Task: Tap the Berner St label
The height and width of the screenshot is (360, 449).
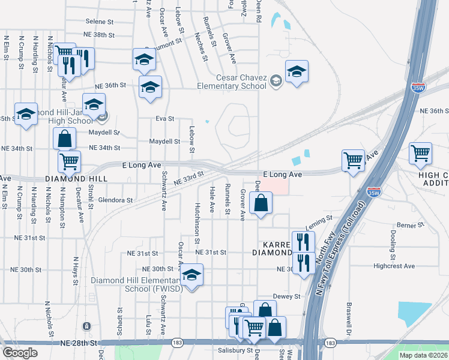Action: (411, 224)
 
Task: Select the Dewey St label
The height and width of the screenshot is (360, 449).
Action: (286, 296)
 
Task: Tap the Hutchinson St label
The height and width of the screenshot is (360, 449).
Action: (197, 223)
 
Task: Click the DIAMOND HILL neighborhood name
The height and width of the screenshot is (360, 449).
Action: (76, 179)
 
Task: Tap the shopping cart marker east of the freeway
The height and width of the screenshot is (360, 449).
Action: (420, 154)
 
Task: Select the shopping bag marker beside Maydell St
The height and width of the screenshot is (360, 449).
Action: (64, 138)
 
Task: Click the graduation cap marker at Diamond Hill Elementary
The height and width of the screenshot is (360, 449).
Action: (191, 275)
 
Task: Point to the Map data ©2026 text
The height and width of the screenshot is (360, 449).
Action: (424, 355)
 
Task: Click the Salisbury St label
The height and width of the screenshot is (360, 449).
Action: (235, 350)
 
